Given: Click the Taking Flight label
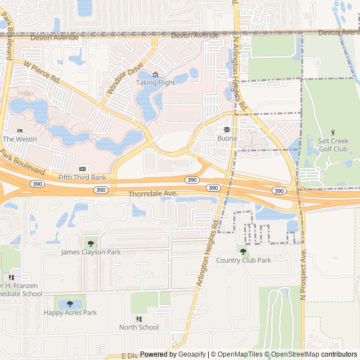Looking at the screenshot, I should pyautogui.click(x=155, y=83).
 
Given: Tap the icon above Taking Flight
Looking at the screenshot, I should pyautogui.click(x=156, y=75).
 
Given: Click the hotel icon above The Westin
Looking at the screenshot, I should pyautogui.click(x=20, y=130).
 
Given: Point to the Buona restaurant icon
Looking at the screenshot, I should pyautogui.click(x=227, y=129).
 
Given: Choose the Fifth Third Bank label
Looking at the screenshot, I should pyautogui.click(x=82, y=177).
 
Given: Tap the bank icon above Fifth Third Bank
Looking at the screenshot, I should pyautogui.click(x=82, y=169).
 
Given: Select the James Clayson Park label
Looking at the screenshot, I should pyautogui.click(x=91, y=252).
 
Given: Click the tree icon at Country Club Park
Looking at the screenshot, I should pyautogui.click(x=243, y=251).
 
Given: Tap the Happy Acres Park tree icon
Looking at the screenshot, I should pyautogui.click(x=70, y=304).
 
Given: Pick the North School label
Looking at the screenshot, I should pyautogui.click(x=139, y=327).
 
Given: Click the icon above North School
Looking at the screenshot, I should pyautogui.click(x=139, y=319).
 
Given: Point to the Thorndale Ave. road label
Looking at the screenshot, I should pyautogui.click(x=153, y=193).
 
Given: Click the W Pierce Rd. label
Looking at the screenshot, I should pyautogui.click(x=42, y=73).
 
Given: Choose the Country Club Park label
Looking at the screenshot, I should pyautogui.click(x=244, y=260).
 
